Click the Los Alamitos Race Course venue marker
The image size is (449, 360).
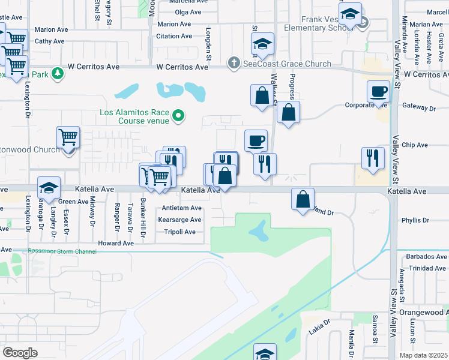pyautogui.click(x=178, y=115)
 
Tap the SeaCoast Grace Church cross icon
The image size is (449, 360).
pyautogui.click(x=234, y=63)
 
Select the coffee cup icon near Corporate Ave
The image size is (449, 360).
pyautogui.click(x=378, y=92)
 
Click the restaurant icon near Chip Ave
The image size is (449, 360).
pyautogui.click(x=373, y=158)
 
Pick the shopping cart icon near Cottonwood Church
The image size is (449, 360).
pyautogui.click(x=68, y=138)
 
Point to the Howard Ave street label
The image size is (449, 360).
pyautogui.click(x=116, y=244)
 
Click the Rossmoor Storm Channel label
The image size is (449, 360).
pyautogui.click(x=62, y=251)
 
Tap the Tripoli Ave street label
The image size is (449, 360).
pyautogui.click(x=180, y=232)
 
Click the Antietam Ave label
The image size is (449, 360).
pyautogui.click(x=182, y=208)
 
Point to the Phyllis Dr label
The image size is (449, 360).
pyautogui.click(x=415, y=220)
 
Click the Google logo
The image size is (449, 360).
pyautogui.click(x=20, y=353)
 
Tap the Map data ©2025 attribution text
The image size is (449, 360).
pyautogui.click(x=424, y=355)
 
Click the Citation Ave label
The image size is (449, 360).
pyautogui.click(x=173, y=36)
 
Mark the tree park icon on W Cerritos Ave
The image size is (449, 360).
pyautogui.click(x=58, y=73)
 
